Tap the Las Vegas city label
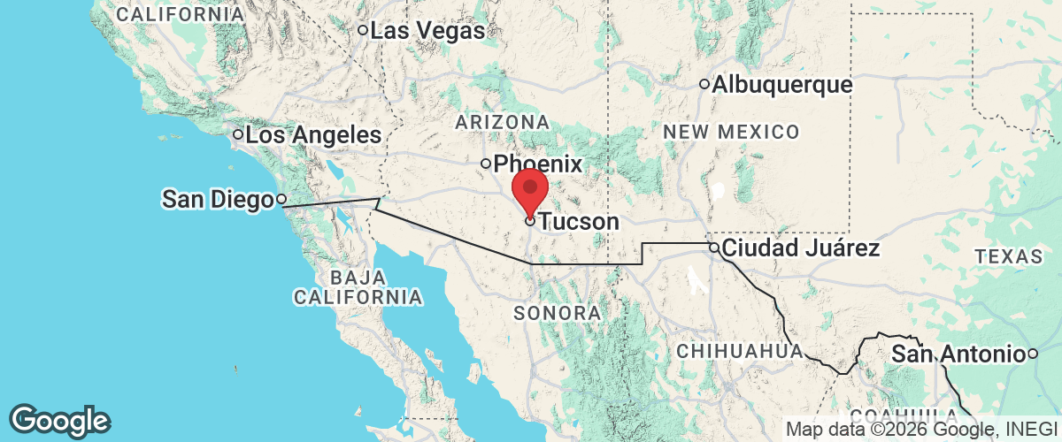[427, 31]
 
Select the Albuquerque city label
[781, 85]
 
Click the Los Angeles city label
[313, 135]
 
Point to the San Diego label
[217, 200]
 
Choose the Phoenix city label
[538, 164]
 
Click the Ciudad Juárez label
[801, 248]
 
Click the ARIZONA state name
[503, 121]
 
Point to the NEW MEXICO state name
[731, 133]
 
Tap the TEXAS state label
[1008, 256]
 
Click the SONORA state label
[558, 313]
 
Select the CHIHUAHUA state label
[740, 351]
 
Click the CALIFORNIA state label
[181, 15]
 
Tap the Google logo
[60, 419]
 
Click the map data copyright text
[922, 430]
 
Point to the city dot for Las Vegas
[363, 31]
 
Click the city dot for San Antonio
[1032, 354]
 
